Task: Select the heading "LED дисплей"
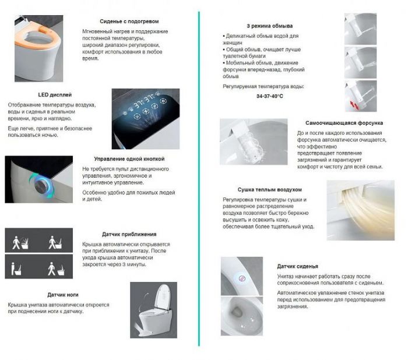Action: tap(55, 94)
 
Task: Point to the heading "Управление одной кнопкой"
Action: tap(129, 158)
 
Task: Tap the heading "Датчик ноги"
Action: tap(64, 295)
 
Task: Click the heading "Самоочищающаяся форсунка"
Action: tap(344, 123)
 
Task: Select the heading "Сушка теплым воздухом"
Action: tap(270, 189)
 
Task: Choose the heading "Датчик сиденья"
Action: tap(297, 266)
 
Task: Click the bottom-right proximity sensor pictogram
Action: tap(56, 267)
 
